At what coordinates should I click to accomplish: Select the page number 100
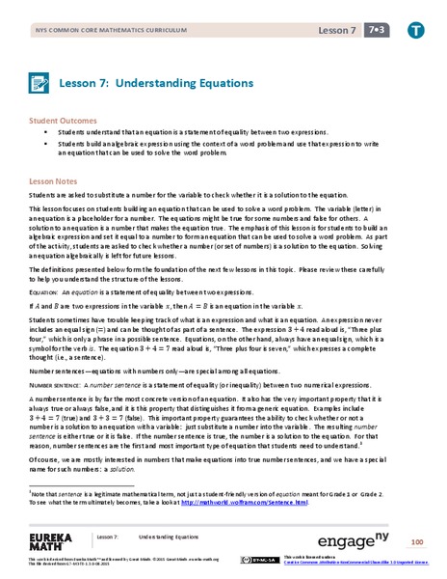coord(416,538)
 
